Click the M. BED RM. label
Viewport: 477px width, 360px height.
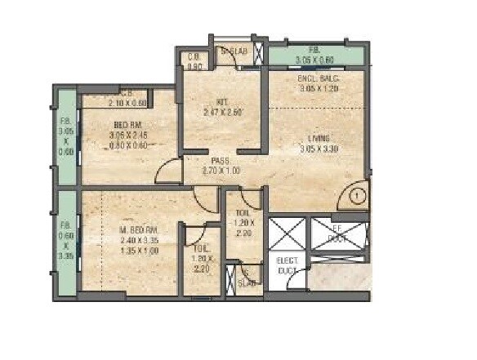pos(132,231)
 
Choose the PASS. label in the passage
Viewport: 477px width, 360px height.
pos(220,162)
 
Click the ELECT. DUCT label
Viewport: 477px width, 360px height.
pos(287,264)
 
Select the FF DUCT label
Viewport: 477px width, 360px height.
pos(336,234)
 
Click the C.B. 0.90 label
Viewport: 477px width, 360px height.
pos(194,62)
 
